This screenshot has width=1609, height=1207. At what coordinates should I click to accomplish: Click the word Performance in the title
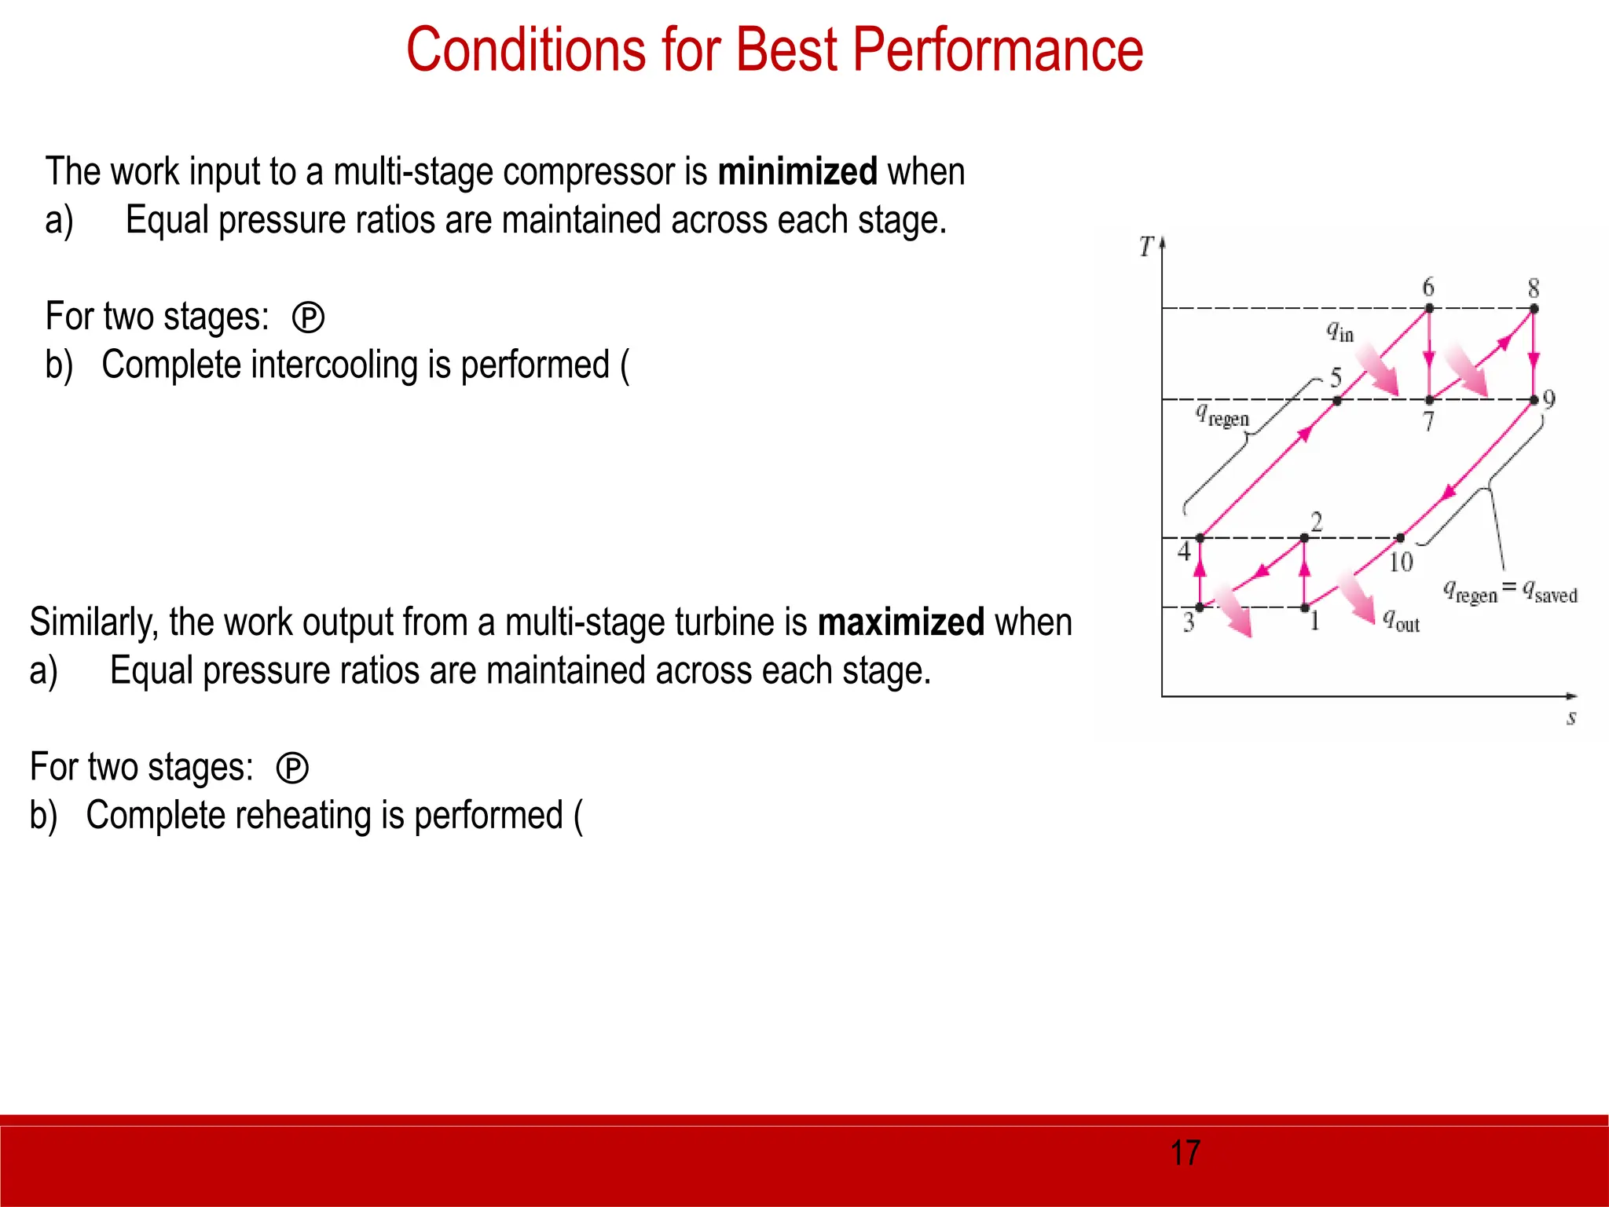click(997, 50)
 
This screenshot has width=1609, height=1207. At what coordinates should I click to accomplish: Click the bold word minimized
click(797, 171)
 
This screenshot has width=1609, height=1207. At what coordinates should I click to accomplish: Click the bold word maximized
click(900, 622)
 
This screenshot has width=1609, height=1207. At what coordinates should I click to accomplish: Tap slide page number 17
click(1185, 1153)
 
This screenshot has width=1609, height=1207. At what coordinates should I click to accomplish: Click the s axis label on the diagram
click(1571, 717)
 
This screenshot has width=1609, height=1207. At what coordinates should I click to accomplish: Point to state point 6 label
click(1428, 287)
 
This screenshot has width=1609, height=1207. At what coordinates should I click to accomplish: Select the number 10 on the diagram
click(1401, 562)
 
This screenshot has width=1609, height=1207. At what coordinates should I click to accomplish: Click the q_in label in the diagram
click(1340, 332)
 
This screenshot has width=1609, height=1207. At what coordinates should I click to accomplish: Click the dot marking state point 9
click(1534, 400)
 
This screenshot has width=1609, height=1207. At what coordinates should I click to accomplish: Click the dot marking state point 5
click(1337, 401)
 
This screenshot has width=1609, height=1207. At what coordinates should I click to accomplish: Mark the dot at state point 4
click(1200, 538)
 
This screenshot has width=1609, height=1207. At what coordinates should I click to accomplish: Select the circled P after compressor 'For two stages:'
click(308, 318)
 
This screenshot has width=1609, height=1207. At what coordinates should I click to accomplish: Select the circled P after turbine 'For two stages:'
click(292, 769)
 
